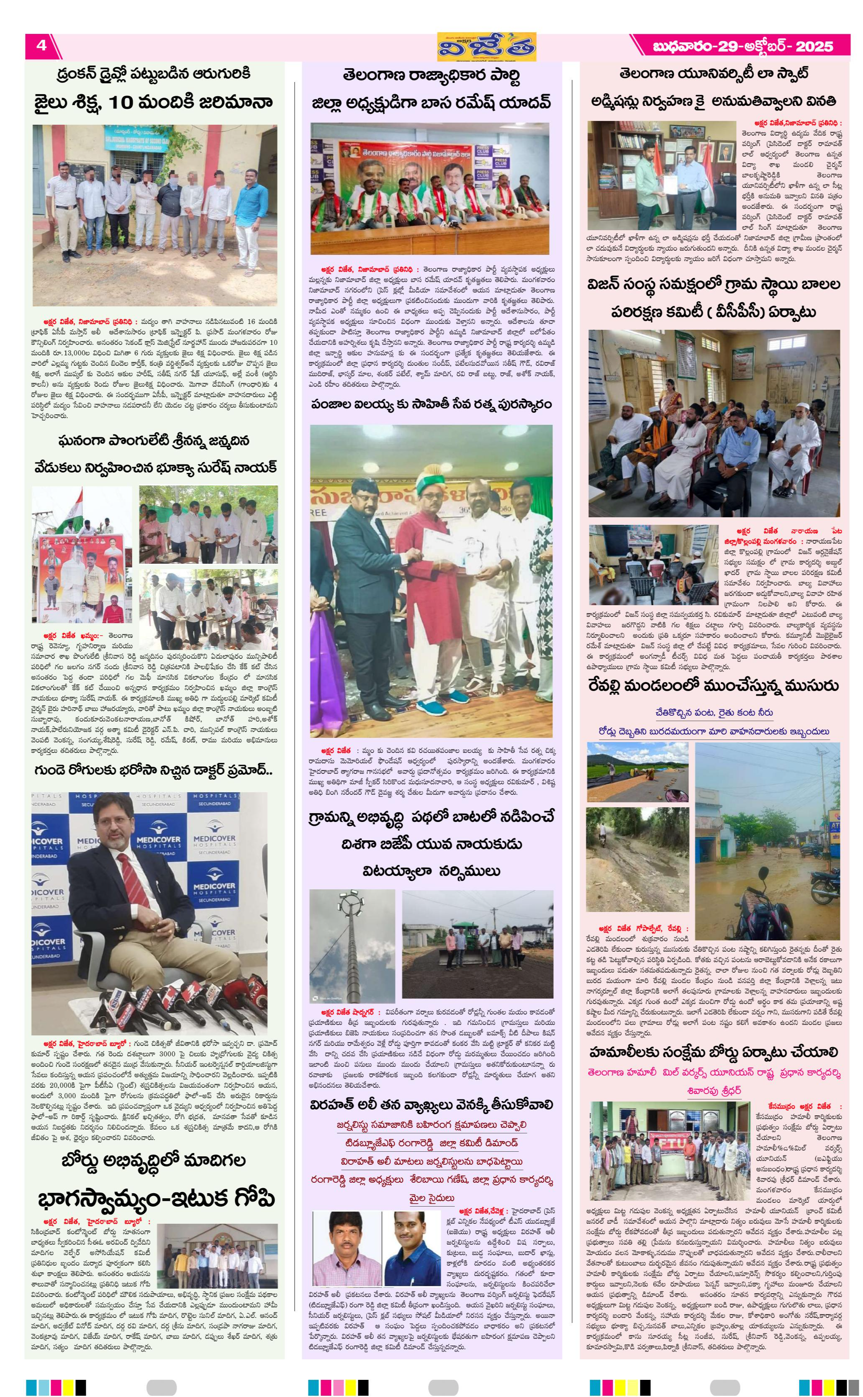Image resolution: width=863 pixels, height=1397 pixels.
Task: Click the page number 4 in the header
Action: (41, 46)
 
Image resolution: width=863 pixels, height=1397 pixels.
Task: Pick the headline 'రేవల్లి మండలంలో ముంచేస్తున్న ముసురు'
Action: (714, 686)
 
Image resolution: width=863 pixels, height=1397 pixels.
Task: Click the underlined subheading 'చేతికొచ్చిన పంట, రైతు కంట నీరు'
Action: (714, 712)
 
